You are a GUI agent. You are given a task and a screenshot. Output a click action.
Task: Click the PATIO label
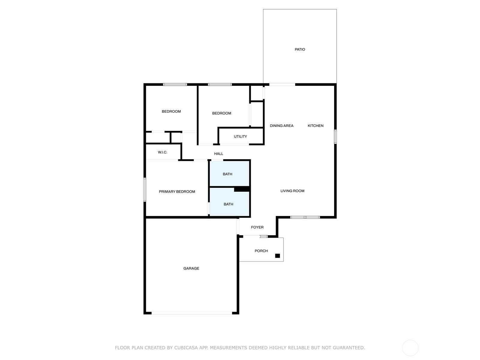pyautogui.click(x=300, y=49)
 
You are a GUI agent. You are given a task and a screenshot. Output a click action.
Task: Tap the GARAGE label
pyautogui.click(x=191, y=268)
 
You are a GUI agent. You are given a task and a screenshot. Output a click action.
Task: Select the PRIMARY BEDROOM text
pyautogui.click(x=177, y=191)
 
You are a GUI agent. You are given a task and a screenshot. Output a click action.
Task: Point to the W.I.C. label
pyautogui.click(x=163, y=152)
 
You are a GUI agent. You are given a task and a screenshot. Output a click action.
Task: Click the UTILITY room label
pyautogui.click(x=240, y=136)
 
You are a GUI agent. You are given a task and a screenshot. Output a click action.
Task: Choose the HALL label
pyautogui.click(x=218, y=154)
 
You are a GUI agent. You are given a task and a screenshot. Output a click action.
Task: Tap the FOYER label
pyautogui.click(x=257, y=227)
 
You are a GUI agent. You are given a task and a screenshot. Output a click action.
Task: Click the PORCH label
pyautogui.click(x=261, y=251)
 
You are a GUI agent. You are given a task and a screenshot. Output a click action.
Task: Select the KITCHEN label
pyautogui.click(x=315, y=126)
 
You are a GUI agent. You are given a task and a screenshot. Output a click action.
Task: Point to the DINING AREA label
pyautogui.click(x=281, y=126)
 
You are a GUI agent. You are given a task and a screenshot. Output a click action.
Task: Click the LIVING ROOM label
pyautogui.click(x=292, y=191)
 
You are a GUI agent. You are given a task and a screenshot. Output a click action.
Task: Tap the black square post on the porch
pyautogui.click(x=277, y=256)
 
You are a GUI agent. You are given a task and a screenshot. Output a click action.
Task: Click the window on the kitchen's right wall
pyautogui.click(x=335, y=136)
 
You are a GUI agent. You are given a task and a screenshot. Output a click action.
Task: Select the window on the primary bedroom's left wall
pyautogui.click(x=145, y=189)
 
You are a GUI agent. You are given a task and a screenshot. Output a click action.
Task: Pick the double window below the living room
pyautogui.click(x=305, y=217)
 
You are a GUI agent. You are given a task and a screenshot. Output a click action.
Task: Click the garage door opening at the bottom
pyautogui.click(x=192, y=313)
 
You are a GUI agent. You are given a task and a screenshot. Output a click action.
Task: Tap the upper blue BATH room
pyautogui.click(x=229, y=174)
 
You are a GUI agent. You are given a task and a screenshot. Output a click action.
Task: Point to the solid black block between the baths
pyautogui.click(x=242, y=189)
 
